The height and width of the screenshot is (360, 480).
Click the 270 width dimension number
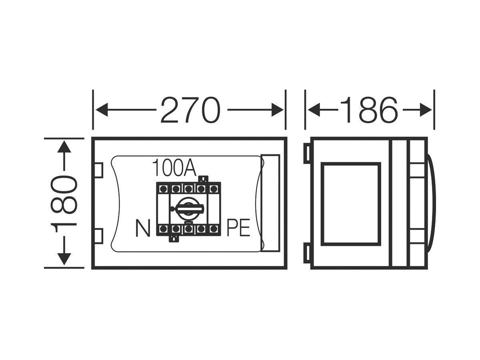point(190,110)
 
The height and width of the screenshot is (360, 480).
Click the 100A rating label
point(174,168)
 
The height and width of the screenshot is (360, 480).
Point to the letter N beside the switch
point(143,228)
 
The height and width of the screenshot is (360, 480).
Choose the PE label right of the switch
point(238,228)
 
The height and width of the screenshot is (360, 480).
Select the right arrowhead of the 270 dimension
point(277,110)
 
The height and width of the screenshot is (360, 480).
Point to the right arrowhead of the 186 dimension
point(426,110)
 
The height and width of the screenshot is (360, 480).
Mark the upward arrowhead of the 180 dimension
point(64,147)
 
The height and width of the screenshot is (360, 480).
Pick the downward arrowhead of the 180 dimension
point(64,259)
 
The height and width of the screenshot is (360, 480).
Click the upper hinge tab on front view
point(99,170)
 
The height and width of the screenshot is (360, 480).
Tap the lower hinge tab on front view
point(99,236)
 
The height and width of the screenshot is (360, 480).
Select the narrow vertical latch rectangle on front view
point(270,203)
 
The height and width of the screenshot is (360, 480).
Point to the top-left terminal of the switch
point(163,188)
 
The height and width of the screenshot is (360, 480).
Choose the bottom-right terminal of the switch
point(214,229)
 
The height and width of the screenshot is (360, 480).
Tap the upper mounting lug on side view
point(307,154)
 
